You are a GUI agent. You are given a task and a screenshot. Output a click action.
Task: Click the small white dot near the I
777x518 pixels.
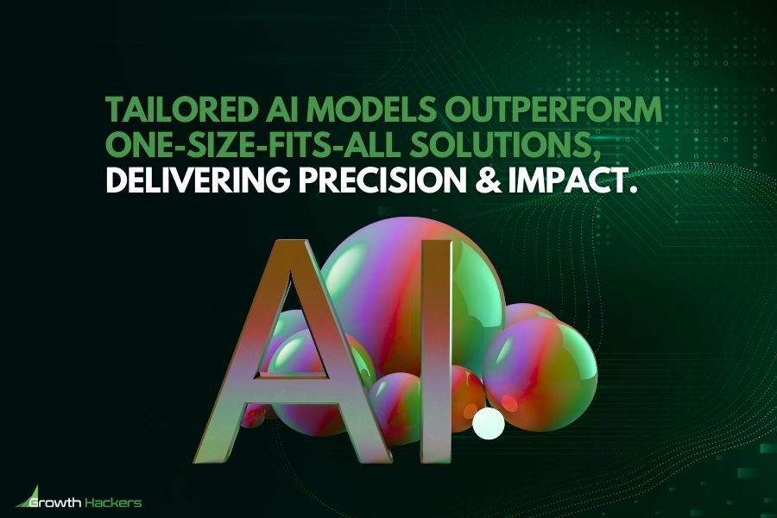click(489, 423)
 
